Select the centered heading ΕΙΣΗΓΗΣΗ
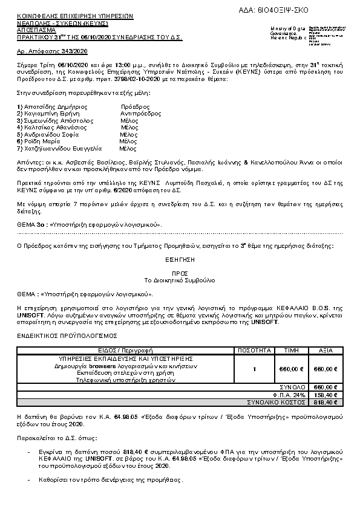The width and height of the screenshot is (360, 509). click(179, 257)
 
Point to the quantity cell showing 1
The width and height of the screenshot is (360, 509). click(255, 369)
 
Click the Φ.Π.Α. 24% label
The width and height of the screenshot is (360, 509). click(291, 394)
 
